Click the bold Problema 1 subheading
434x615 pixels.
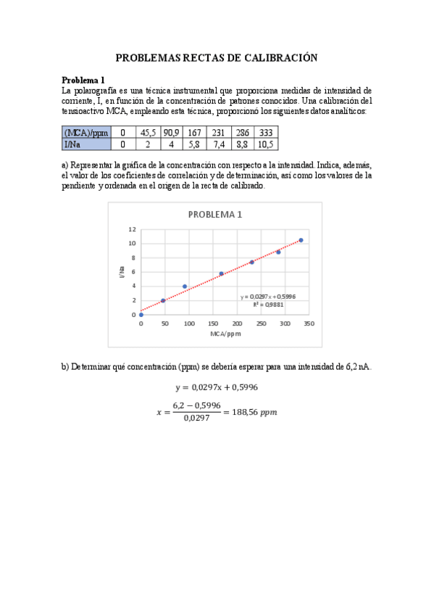(x=83, y=80)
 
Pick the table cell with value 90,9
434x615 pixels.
(x=172, y=133)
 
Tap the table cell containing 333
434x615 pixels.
(x=265, y=133)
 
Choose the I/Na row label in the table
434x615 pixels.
(x=72, y=144)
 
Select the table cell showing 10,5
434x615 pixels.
(x=265, y=144)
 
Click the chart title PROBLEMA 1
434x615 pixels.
(x=215, y=215)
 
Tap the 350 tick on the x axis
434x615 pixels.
(x=309, y=324)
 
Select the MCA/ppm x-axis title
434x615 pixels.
(x=225, y=334)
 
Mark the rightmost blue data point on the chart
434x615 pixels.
(x=301, y=240)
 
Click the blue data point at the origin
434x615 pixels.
(x=141, y=315)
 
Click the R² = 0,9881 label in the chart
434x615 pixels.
(x=267, y=305)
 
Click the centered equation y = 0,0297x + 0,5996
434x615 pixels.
(x=217, y=387)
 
